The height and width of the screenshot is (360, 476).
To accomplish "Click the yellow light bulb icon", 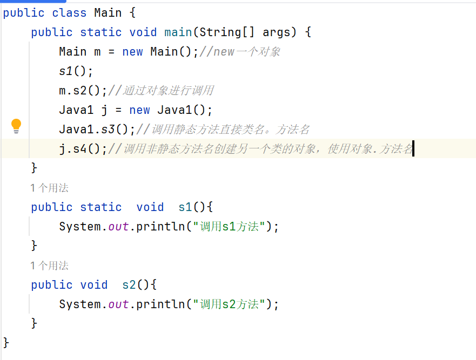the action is [16, 126].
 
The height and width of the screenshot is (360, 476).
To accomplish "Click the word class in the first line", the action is [69, 12].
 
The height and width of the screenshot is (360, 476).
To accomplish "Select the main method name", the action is [178, 32].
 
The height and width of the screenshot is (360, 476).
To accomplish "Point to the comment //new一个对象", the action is [239, 52].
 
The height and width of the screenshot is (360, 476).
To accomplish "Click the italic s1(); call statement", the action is [76, 71].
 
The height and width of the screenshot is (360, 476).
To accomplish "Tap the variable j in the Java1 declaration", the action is [104, 110].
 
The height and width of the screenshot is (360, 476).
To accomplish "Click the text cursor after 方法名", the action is [413, 149].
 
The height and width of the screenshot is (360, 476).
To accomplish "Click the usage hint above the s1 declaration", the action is [49, 188].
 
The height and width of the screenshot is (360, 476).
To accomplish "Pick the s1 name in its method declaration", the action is [185, 207].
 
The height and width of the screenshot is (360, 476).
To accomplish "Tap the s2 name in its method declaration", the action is [129, 285].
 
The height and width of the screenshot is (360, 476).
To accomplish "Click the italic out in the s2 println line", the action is [118, 304].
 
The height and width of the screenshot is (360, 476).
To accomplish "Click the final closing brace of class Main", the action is [6, 342].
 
